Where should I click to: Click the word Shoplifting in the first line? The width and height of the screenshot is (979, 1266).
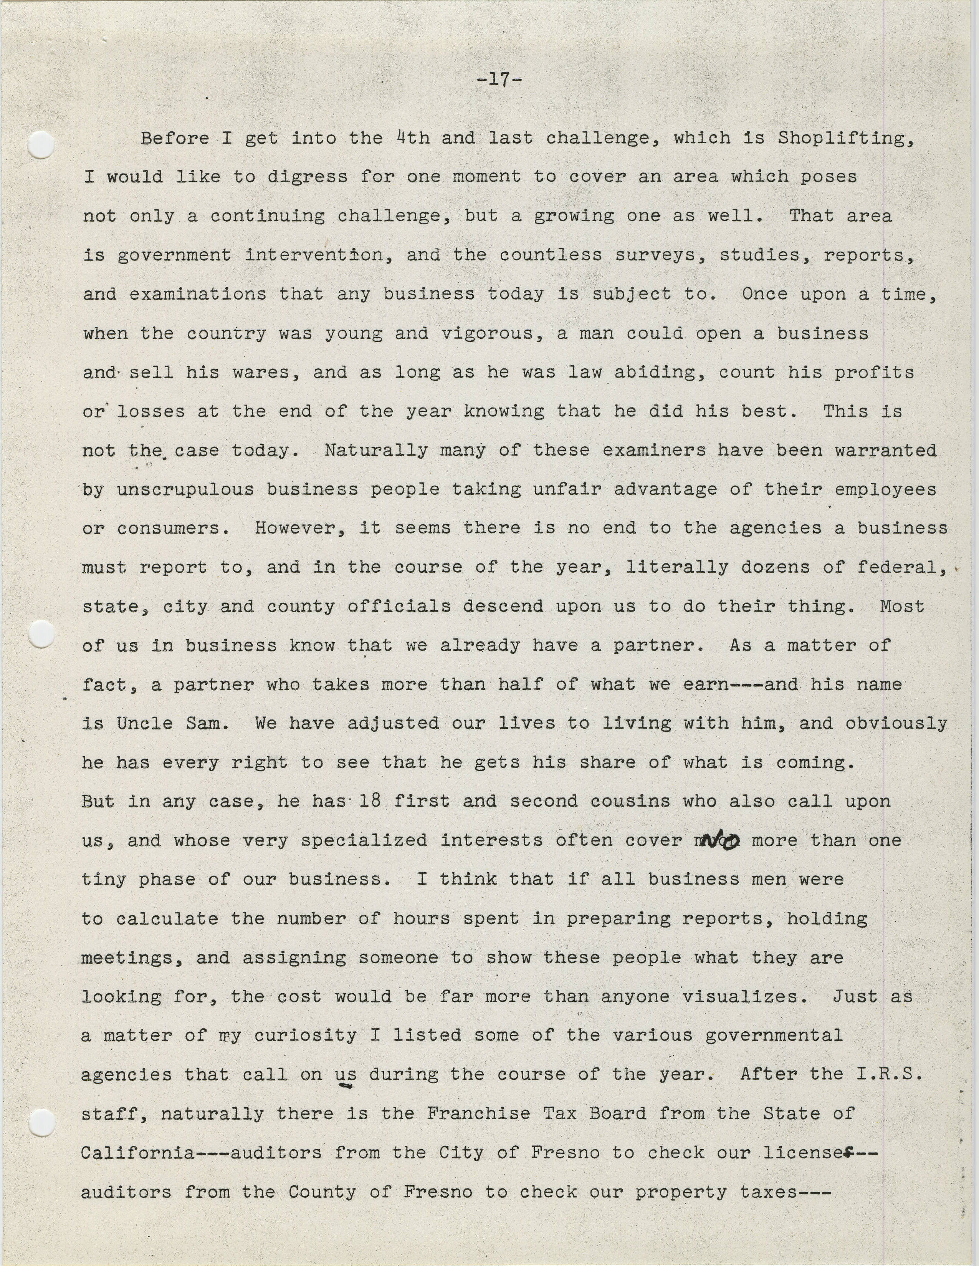tap(845, 139)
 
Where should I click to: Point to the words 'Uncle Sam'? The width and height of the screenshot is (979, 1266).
tap(168, 723)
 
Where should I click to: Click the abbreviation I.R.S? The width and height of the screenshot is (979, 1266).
tap(888, 1074)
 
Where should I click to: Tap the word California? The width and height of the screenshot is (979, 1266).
tap(137, 1152)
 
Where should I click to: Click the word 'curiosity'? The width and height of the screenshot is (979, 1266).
tap(305, 1035)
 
